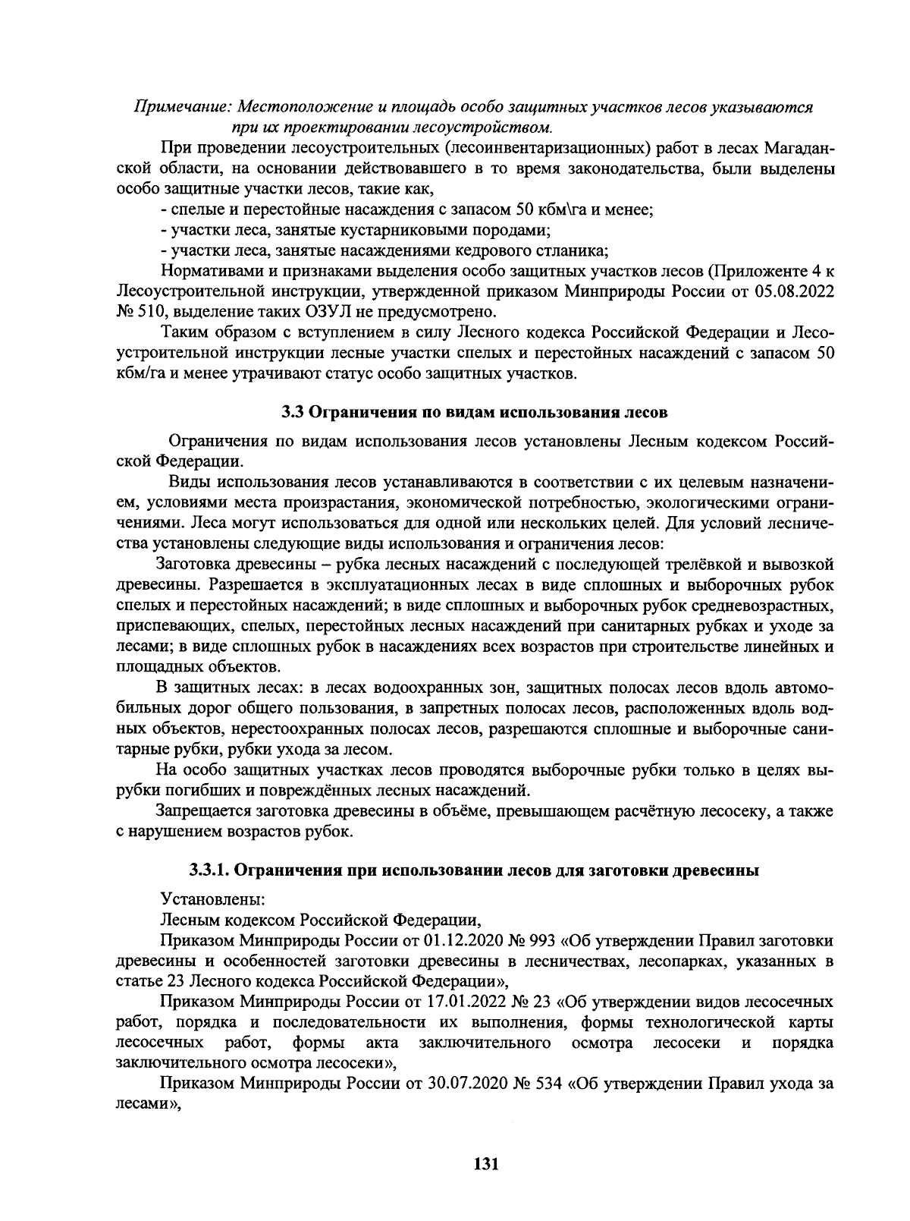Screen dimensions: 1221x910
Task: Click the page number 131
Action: (485, 1163)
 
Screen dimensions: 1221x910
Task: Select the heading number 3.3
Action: (293, 413)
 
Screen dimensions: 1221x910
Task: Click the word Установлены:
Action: (212, 899)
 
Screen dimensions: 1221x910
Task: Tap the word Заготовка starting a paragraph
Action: (193, 565)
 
